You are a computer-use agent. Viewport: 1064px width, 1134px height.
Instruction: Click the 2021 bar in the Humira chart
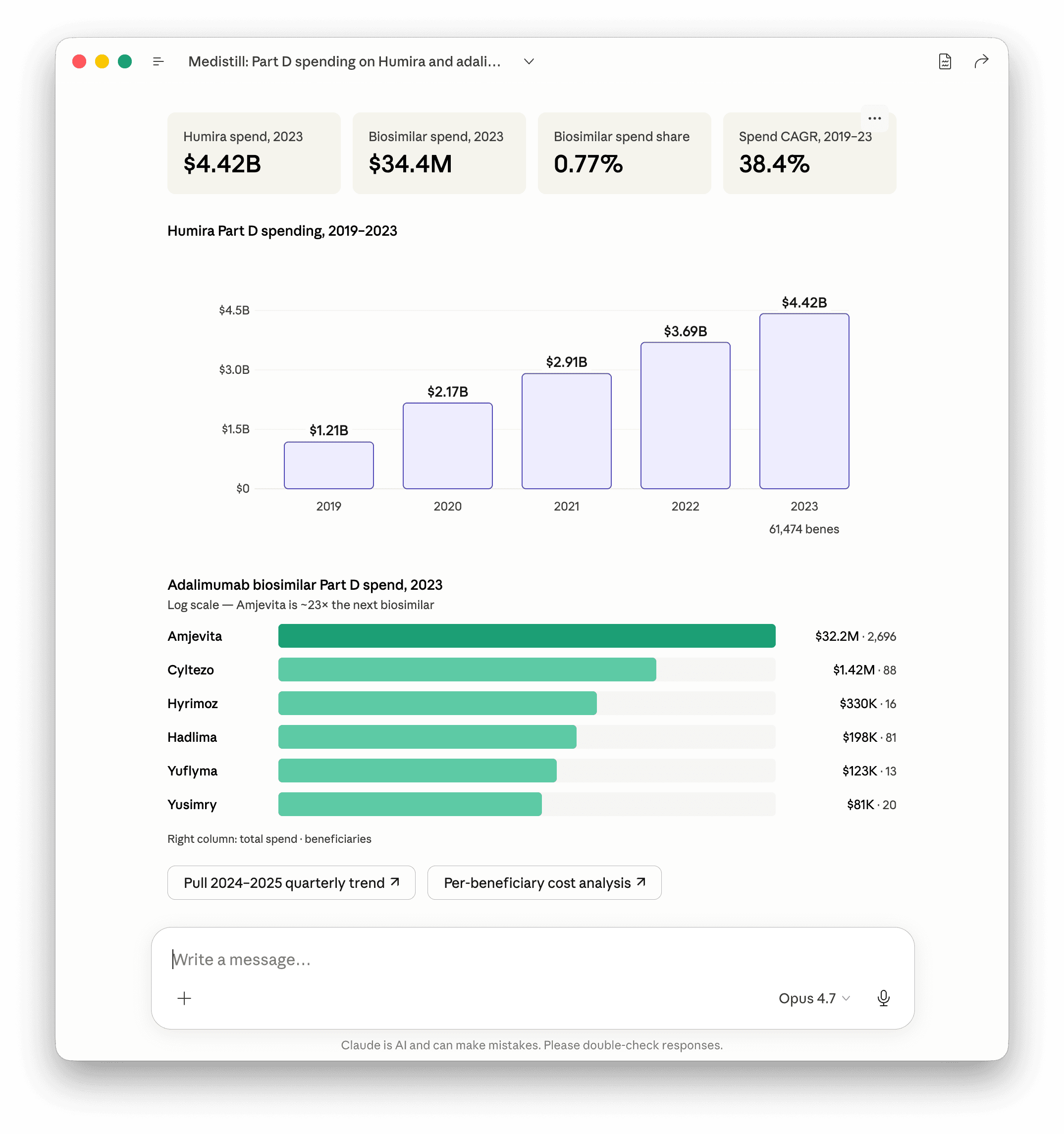566,431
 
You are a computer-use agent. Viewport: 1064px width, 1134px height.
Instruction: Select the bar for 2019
328,465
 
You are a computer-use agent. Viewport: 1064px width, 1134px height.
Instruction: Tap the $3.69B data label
685,331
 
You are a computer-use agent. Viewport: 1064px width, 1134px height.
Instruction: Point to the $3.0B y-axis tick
234,369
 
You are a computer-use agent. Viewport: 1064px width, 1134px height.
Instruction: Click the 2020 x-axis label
447,507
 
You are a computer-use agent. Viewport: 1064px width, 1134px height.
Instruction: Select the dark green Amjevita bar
527,636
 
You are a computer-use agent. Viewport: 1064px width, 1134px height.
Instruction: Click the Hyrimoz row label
192,703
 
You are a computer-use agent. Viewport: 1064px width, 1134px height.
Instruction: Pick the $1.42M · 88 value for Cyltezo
864,670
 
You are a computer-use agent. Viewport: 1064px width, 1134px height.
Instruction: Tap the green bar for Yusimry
410,804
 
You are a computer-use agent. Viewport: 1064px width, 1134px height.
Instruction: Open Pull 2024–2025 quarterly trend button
291,883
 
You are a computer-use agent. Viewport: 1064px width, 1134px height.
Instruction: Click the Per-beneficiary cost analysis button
544,883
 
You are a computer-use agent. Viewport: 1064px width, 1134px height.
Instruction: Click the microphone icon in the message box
883,998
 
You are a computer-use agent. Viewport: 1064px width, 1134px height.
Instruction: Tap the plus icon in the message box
184,998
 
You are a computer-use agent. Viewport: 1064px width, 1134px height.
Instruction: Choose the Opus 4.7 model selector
814,998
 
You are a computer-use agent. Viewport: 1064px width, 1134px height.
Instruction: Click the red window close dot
79,61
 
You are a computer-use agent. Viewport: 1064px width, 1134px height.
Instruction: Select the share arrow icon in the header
981,61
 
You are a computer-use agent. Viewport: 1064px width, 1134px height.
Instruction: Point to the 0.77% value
588,164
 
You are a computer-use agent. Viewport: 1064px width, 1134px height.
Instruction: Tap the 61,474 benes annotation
804,529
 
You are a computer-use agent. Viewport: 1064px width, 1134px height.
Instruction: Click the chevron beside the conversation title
529,61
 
